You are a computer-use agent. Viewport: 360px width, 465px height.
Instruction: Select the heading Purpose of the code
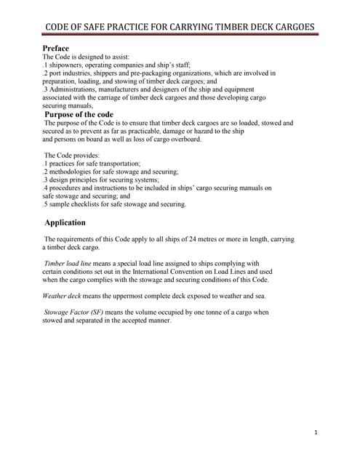[x=79, y=114]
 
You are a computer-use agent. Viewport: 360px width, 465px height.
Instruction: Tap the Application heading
[x=65, y=222]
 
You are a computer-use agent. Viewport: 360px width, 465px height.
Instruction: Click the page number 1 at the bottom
[x=316, y=433]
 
